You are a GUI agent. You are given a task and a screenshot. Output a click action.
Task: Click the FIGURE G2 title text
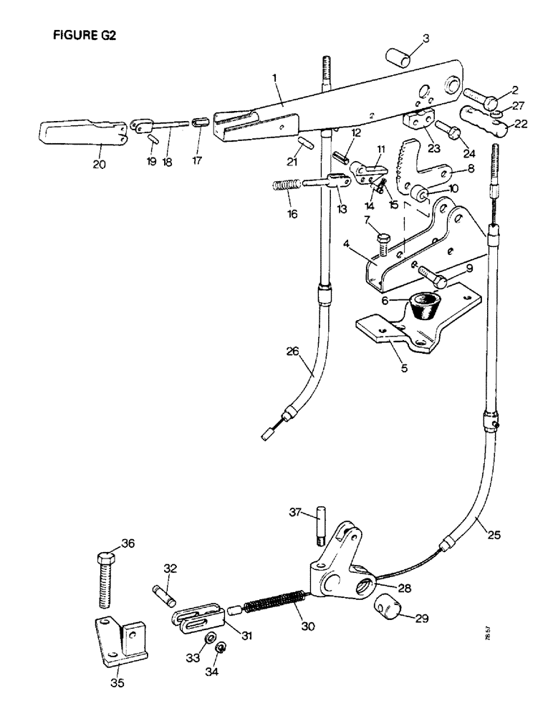coord(85,37)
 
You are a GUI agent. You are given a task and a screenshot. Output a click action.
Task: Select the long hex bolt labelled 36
coord(104,580)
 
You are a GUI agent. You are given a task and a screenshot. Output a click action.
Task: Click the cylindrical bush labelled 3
coord(400,57)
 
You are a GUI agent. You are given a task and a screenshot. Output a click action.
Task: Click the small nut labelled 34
coord(222,649)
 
